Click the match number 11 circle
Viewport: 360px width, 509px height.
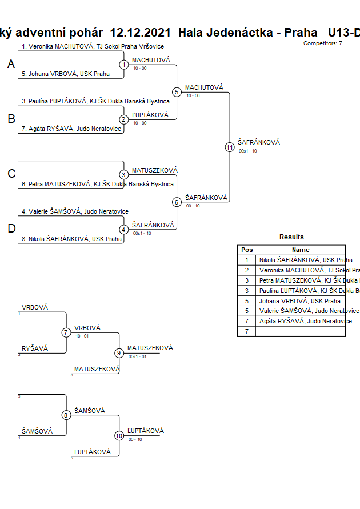pos(230,147)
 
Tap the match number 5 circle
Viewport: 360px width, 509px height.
pos(177,92)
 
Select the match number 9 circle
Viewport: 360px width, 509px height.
pos(119,353)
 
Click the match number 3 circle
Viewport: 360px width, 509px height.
pos(124,174)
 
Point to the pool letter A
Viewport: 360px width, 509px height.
pos(11,65)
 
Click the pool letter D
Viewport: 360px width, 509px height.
pos(11,229)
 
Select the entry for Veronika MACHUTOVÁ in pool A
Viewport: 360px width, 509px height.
pos(93,46)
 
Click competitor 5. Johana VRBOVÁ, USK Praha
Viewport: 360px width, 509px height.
pos(66,74)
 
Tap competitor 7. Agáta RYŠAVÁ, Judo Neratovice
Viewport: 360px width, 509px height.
pos(71,129)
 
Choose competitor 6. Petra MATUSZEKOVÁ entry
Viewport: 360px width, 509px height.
pos(97,184)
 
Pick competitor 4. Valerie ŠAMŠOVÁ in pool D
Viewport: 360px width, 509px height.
pos(75,211)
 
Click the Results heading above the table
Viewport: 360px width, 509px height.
pos(291,237)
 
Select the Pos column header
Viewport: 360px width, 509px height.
pos(247,250)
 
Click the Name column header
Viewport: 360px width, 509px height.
pos(301,250)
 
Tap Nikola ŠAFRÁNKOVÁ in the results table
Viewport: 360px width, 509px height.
pos(306,260)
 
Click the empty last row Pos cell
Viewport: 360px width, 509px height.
pos(247,331)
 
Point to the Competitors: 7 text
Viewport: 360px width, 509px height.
pos(322,43)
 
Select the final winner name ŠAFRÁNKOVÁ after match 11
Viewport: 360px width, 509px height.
pos(259,142)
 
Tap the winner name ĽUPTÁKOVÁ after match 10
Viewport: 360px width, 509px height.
pos(146,431)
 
